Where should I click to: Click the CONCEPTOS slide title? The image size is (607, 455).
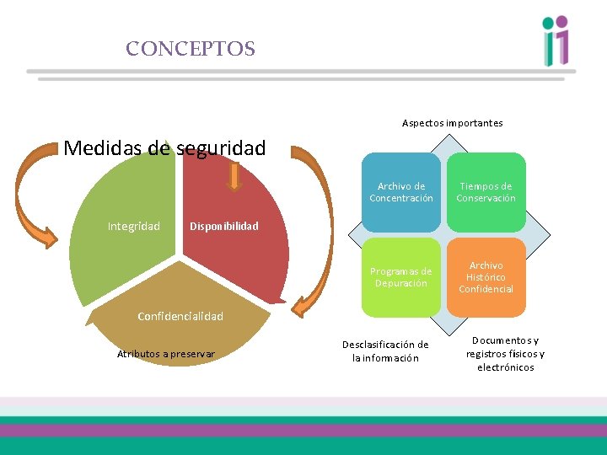click(x=191, y=49)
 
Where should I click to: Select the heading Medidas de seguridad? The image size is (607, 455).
click(x=164, y=148)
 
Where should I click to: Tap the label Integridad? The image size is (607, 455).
click(x=133, y=226)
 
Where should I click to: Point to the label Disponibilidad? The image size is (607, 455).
click(x=224, y=226)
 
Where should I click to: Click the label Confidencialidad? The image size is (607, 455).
click(x=180, y=316)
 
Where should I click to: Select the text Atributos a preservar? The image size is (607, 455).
click(x=165, y=353)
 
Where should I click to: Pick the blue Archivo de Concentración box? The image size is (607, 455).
click(x=401, y=192)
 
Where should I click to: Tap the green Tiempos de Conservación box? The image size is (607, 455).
click(x=486, y=192)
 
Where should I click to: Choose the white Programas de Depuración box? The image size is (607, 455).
click(x=401, y=277)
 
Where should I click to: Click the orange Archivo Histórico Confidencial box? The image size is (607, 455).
click(x=486, y=277)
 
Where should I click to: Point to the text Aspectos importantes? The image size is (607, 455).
click(x=452, y=123)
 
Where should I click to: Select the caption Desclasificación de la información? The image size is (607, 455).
click(x=385, y=351)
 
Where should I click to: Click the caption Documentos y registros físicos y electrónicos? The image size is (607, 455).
click(x=505, y=354)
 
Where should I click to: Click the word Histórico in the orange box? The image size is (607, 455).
click(x=486, y=277)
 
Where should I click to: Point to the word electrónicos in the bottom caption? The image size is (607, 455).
click(x=505, y=367)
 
